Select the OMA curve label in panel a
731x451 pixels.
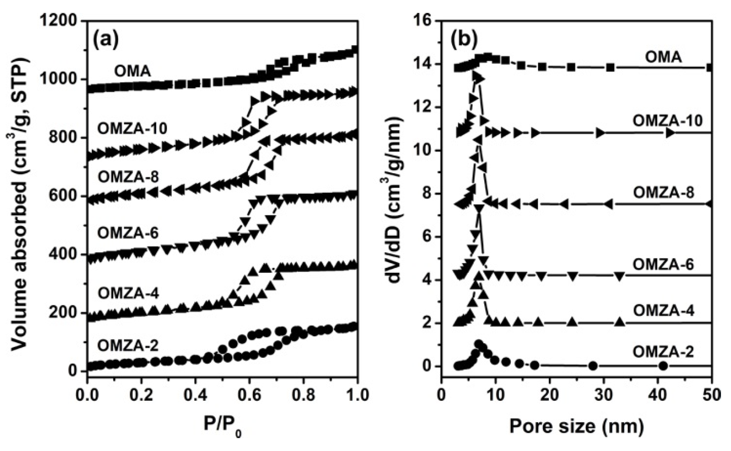[132, 71]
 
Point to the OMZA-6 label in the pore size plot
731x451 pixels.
[663, 265]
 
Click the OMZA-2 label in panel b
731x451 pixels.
[663, 352]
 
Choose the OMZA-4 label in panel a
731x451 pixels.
[128, 293]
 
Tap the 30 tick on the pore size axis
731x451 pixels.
[604, 396]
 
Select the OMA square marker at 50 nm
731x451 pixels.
[710, 67]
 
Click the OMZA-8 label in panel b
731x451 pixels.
[663, 193]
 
